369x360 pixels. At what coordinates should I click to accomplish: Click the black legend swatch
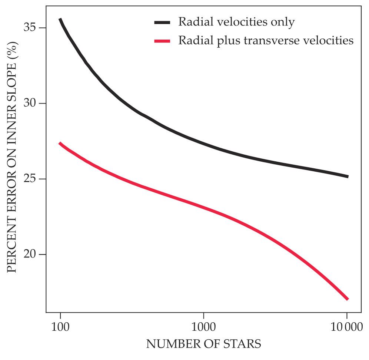(162, 23)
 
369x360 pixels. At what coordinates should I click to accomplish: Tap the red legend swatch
(162, 41)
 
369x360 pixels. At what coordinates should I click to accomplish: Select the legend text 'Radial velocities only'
(236, 22)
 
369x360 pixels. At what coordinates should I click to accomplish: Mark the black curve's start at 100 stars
(60, 19)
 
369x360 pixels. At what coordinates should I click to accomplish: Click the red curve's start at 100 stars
(60, 143)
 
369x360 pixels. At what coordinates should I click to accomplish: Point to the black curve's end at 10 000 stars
(347, 176)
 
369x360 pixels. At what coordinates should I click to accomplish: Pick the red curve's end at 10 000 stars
(347, 299)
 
